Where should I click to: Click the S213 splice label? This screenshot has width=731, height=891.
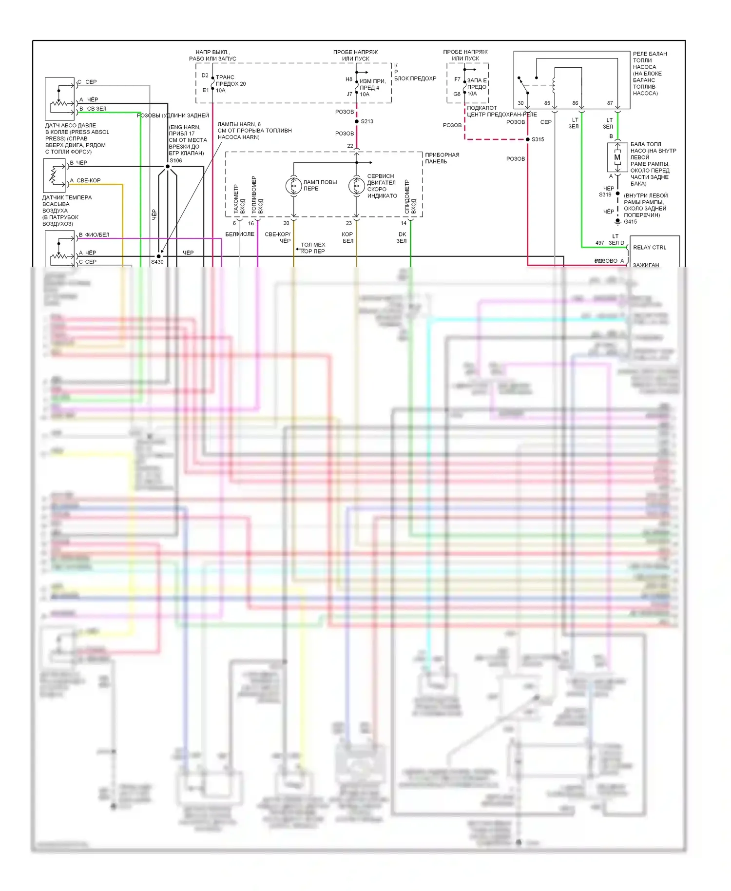(x=367, y=121)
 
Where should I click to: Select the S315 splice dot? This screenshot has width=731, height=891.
(x=528, y=139)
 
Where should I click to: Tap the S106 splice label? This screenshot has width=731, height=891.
(x=175, y=160)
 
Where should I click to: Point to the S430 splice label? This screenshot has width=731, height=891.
(x=157, y=262)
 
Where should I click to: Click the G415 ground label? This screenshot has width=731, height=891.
(x=630, y=222)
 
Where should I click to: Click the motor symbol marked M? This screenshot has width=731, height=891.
(x=617, y=157)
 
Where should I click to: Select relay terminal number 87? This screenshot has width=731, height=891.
(x=610, y=103)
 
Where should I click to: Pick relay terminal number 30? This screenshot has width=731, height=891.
(x=520, y=103)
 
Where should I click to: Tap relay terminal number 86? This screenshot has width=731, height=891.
(x=575, y=103)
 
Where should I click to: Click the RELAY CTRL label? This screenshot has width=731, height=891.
(x=649, y=248)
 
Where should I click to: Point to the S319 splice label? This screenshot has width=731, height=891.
(x=605, y=194)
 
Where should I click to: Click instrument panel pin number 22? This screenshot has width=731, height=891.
(x=350, y=146)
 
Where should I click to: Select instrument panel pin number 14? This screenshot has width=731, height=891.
(x=404, y=223)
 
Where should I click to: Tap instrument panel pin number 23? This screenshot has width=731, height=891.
(x=349, y=223)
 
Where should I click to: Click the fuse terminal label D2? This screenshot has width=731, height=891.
(x=205, y=76)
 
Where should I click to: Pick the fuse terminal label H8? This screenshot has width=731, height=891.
(x=349, y=79)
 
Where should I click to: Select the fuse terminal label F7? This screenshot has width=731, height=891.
(x=457, y=79)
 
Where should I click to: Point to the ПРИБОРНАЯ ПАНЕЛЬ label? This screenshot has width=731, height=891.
(x=442, y=158)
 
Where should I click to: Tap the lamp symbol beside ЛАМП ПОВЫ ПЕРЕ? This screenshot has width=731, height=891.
(x=293, y=186)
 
